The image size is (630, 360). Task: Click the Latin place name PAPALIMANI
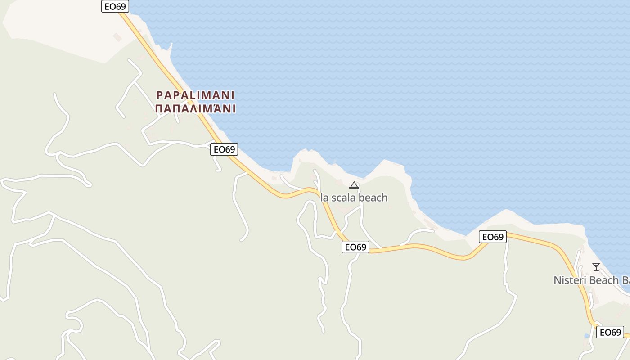pyautogui.click(x=195, y=95)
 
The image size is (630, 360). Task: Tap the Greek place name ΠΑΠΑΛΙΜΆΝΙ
pyautogui.click(x=195, y=109)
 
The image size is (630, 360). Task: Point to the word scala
pyautogui.click(x=340, y=198)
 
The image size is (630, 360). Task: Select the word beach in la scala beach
pyautogui.click(x=371, y=198)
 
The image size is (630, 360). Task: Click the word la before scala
pyautogui.click(x=324, y=198)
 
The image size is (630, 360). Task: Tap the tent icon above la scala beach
pyautogui.click(x=354, y=185)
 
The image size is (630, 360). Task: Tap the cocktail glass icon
pyautogui.click(x=596, y=267)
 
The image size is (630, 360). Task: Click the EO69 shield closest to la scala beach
pyautogui.click(x=355, y=247)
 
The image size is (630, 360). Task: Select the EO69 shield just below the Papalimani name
pyautogui.click(x=224, y=149)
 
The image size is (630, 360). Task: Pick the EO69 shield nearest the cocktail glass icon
pyautogui.click(x=610, y=333)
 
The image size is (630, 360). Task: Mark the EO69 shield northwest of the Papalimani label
pyautogui.click(x=115, y=6)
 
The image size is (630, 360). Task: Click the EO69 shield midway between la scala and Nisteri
pyautogui.click(x=493, y=237)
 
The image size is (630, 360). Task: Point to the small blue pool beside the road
pyautogui.click(x=586, y=336)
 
